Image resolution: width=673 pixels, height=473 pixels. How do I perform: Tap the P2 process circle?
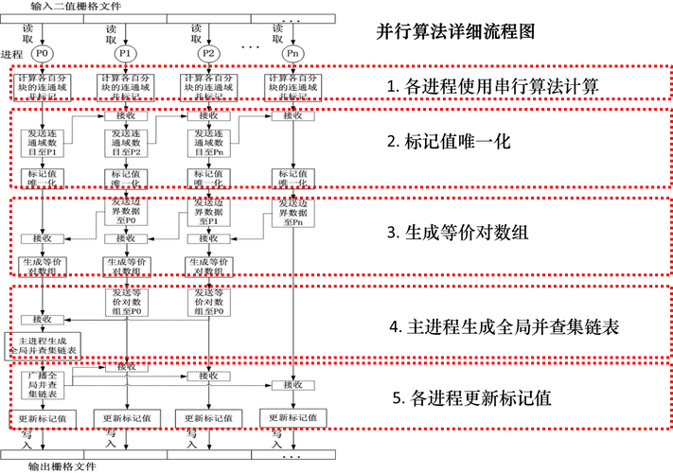click(x=209, y=54)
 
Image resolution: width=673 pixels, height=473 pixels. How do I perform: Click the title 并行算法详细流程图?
click(x=455, y=30)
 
